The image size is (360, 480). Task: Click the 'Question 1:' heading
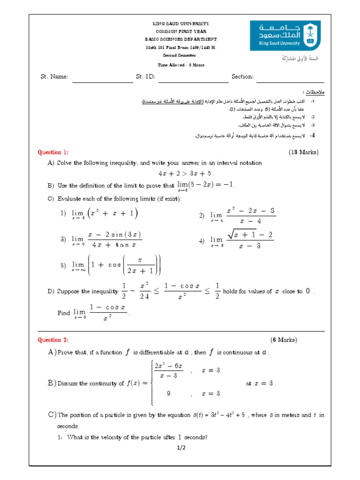click(x=53, y=152)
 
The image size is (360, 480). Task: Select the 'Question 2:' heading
click(x=53, y=340)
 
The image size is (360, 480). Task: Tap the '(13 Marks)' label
click(x=303, y=152)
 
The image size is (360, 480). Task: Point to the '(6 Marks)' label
click(x=284, y=340)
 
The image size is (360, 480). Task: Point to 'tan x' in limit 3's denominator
click(x=124, y=244)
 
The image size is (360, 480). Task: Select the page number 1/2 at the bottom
click(x=181, y=448)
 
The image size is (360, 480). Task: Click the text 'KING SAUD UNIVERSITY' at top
click(x=181, y=23)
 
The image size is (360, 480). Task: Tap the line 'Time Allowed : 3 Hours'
click(x=181, y=65)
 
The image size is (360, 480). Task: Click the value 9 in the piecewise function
click(x=168, y=394)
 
